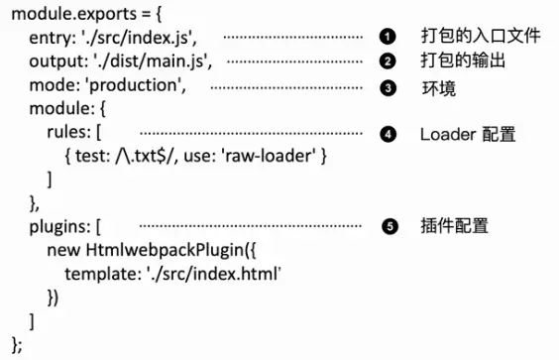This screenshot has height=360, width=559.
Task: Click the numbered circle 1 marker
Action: (x=389, y=37)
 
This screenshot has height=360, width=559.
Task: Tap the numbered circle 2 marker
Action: (x=389, y=61)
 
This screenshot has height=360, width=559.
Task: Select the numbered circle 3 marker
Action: (x=389, y=87)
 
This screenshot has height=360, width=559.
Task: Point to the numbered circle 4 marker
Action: (x=389, y=133)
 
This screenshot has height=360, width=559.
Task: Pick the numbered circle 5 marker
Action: (x=389, y=227)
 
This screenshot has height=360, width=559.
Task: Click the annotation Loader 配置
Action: (x=468, y=133)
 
